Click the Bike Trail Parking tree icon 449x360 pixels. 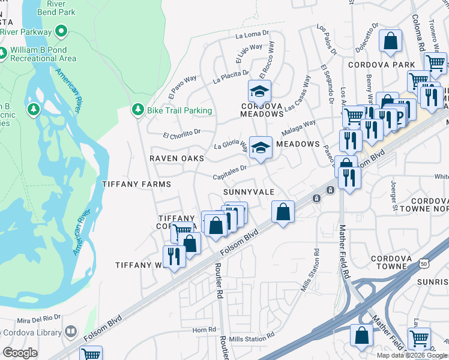138,110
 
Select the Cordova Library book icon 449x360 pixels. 71,332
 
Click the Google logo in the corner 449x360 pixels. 20,353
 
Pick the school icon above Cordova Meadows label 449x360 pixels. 260,91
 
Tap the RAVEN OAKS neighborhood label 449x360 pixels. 176,158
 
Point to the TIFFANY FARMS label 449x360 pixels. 136,184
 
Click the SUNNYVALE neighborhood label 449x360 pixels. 249,191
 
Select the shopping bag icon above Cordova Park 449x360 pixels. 390,41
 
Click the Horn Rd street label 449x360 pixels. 204,329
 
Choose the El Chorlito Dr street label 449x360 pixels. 181,131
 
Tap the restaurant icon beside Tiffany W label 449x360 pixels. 174,256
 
